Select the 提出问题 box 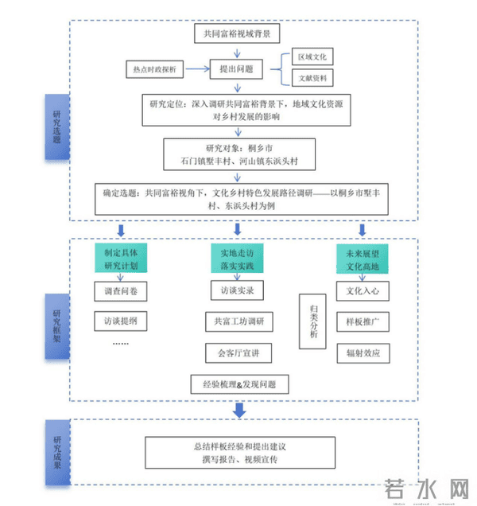(236, 70)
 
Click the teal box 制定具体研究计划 (120, 259)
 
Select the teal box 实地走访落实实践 (236, 259)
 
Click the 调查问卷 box (120, 292)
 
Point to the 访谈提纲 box (120, 321)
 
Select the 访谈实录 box (236, 291)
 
